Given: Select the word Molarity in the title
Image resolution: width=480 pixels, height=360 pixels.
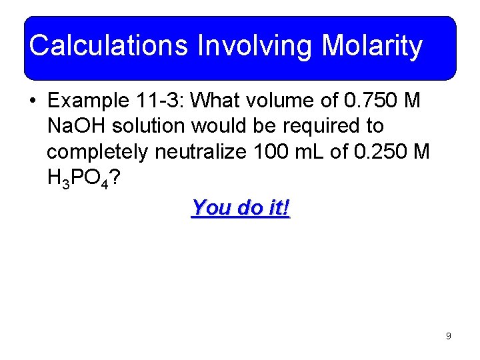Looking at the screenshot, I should coord(372,46).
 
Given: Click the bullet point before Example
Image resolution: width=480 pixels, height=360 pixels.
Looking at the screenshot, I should coord(33,101).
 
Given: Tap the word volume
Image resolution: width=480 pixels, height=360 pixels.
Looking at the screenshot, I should coord(285,101).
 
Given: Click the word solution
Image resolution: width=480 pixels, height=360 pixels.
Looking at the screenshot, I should coord(151,127).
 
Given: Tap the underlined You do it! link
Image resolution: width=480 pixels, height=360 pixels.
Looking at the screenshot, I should coord(241,207).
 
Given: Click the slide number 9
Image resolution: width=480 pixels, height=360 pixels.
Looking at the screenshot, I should coord(448,336).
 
